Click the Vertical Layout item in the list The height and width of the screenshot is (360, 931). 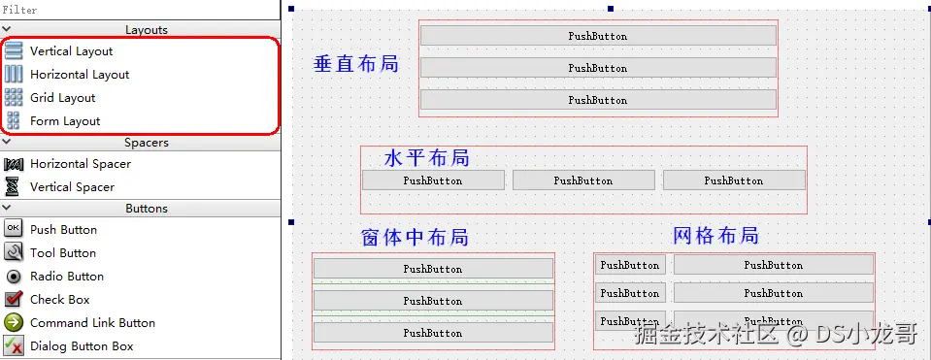(x=71, y=51)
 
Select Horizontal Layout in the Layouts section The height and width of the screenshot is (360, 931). (x=79, y=75)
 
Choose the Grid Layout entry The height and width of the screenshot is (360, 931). (x=62, y=98)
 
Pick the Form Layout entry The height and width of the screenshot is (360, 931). (x=65, y=121)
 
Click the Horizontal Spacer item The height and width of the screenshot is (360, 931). (x=80, y=164)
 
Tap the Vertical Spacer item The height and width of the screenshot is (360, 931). (x=72, y=187)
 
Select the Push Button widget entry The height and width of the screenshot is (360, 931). (x=63, y=230)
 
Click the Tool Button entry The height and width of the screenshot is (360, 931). (x=62, y=253)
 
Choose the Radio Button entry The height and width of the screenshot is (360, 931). (x=66, y=277)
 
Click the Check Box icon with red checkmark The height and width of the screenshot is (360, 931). (x=14, y=300)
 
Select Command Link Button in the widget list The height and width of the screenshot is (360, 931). (x=92, y=323)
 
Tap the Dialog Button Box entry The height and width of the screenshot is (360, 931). (x=82, y=346)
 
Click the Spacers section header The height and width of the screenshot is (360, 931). (x=146, y=143)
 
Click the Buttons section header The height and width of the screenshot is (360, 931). (x=146, y=209)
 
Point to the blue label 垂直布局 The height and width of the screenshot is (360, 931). (x=355, y=64)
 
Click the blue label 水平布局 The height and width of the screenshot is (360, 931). (x=426, y=158)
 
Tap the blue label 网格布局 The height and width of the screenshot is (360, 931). (x=715, y=236)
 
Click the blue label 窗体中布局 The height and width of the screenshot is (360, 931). (x=415, y=238)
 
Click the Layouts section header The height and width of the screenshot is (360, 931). (x=146, y=30)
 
